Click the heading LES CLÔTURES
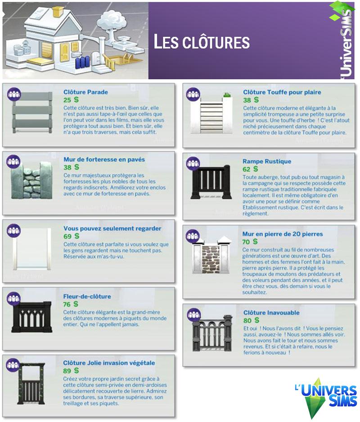pyautogui.click(x=202, y=42)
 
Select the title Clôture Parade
pyautogui.click(x=85, y=92)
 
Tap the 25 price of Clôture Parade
pyautogui.click(x=67, y=100)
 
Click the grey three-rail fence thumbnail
pyautogui.click(x=32, y=112)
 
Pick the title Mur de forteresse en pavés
pyautogui.click(x=104, y=159)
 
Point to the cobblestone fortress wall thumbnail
pyautogui.click(x=32, y=180)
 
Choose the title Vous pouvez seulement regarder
pyautogui.click(x=112, y=229)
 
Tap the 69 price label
pyautogui.click(x=67, y=236)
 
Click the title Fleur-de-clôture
pyautogui.click(x=87, y=296)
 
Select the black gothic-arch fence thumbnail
pyautogui.click(x=31, y=317)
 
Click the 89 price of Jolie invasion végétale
pyautogui.click(x=67, y=371)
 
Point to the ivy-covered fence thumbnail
pyautogui.click(x=31, y=383)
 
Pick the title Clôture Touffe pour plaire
pyautogui.click(x=282, y=92)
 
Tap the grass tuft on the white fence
pyautogui.click(x=227, y=95)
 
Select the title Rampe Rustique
pyautogui.click(x=267, y=162)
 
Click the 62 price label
pyautogui.click(x=246, y=169)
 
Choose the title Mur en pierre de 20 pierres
pyautogui.click(x=283, y=234)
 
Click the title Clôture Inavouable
pyautogui.click(x=271, y=313)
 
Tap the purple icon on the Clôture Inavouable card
pyautogui.click(x=193, y=314)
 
